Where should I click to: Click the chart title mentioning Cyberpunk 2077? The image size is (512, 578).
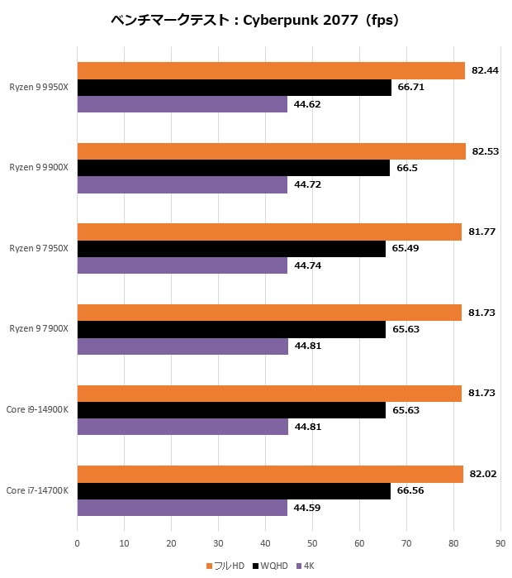255,21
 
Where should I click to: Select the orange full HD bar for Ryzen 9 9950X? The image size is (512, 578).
271,71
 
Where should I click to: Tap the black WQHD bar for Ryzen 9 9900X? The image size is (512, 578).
234,168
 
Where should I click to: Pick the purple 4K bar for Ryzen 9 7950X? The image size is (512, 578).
183,265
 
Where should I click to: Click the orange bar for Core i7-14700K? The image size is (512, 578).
270,474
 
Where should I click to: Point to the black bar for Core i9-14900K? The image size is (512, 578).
231,410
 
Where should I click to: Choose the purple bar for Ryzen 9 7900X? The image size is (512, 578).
183,346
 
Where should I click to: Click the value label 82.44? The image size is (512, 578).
484,71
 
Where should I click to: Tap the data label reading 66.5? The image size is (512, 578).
407,168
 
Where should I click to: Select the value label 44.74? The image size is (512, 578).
308,265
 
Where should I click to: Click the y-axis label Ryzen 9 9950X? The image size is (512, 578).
39,87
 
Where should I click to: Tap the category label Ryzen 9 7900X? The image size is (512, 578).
39,329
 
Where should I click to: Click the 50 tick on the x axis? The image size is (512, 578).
312,543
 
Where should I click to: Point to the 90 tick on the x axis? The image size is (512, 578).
500,543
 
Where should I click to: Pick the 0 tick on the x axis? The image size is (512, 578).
77,543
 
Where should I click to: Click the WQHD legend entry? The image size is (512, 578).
271,566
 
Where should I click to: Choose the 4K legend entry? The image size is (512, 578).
305,566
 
